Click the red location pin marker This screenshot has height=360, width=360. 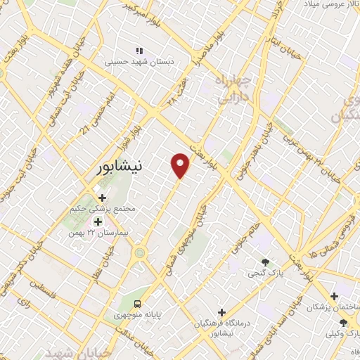click(x=181, y=165)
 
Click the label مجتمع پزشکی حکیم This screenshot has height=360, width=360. click(x=104, y=210)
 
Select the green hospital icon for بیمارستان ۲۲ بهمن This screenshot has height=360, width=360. click(x=98, y=222)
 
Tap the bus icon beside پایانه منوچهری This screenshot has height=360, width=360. click(x=138, y=304)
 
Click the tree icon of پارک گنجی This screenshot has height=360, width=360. click(x=264, y=262)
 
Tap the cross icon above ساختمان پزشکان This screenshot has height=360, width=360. click(x=334, y=296)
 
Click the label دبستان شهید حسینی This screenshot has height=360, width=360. click(x=139, y=61)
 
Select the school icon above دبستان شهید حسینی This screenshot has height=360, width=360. click(x=139, y=51)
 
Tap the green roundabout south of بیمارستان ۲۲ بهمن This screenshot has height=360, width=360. click(x=140, y=252)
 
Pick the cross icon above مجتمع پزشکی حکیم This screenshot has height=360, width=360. click(x=103, y=198)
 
